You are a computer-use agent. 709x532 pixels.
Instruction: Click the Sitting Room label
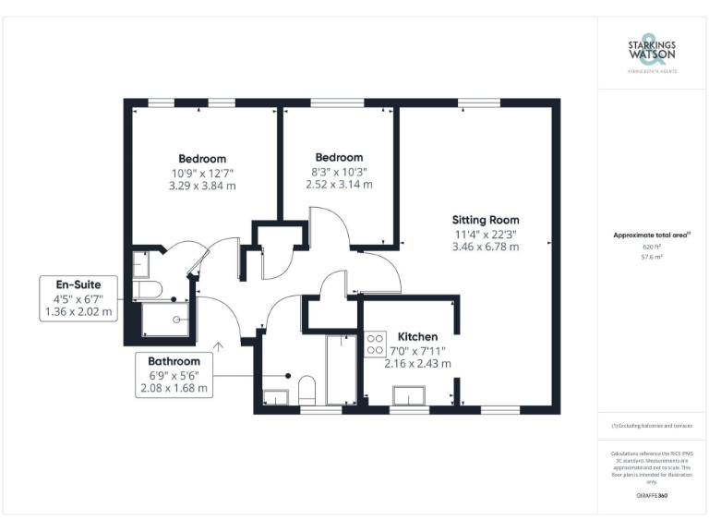tap(485, 220)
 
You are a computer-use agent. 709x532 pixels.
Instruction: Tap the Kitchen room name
tap(417, 336)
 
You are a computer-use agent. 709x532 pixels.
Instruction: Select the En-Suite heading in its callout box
tap(78, 284)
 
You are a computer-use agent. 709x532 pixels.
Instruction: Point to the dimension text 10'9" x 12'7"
tap(201, 172)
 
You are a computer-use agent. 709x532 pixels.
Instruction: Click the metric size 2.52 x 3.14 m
tap(339, 184)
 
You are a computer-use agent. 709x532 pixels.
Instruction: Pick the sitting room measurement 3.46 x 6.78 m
tap(485, 247)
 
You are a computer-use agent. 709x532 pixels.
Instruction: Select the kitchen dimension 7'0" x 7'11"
tap(417, 350)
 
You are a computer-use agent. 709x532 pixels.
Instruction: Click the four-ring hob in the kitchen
tap(377, 345)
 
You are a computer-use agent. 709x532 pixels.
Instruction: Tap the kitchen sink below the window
tap(409, 396)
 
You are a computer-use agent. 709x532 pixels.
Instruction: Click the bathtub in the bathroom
tap(341, 369)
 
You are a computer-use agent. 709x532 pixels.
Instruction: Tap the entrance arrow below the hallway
tap(219, 347)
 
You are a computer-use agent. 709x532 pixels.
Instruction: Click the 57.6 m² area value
tap(652, 258)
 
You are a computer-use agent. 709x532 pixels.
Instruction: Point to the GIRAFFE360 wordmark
tap(652, 496)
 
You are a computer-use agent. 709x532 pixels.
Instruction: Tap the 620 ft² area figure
tap(652, 248)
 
